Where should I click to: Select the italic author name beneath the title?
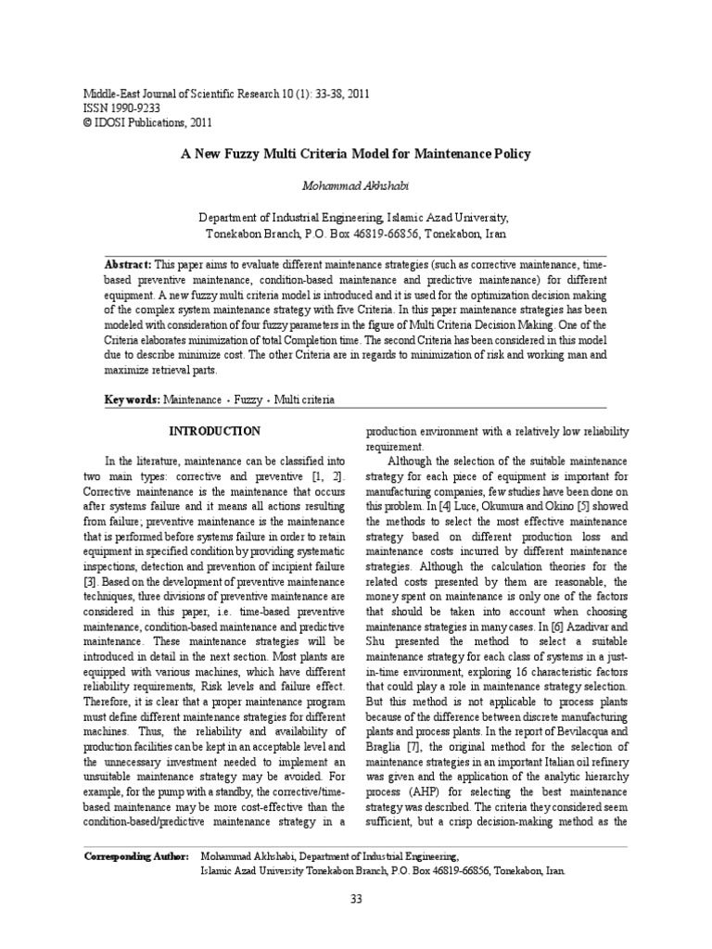click(355, 187)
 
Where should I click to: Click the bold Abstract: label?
click(129, 264)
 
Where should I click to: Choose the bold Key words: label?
click(132, 399)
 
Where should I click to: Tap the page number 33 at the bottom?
click(355, 899)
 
